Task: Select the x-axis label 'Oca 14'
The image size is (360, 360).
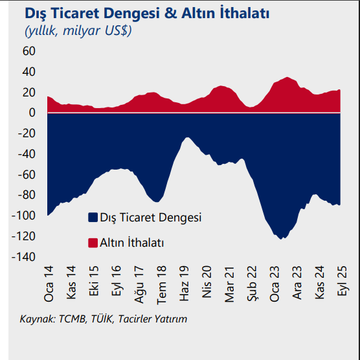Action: coord(49,284)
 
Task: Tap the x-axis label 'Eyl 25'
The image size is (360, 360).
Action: coord(341,284)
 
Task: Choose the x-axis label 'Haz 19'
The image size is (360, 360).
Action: coord(185,284)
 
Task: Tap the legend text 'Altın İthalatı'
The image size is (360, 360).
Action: coord(131,243)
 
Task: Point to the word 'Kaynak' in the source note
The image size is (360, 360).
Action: coord(38,319)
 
